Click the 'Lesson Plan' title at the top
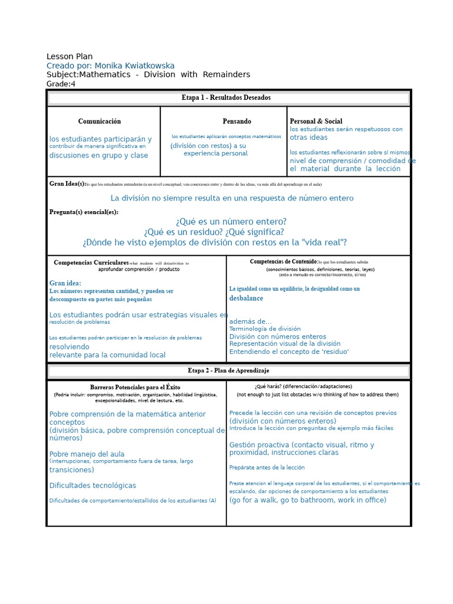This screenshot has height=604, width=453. (x=69, y=57)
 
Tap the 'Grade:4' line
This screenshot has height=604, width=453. (x=61, y=84)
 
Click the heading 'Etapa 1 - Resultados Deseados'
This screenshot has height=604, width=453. (x=226, y=97)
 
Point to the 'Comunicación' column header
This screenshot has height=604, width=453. (x=100, y=122)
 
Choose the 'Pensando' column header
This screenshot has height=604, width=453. (x=237, y=122)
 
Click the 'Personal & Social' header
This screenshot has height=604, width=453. (x=316, y=122)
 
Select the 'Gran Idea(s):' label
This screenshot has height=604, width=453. (x=67, y=184)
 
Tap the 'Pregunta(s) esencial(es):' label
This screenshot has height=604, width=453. (x=84, y=212)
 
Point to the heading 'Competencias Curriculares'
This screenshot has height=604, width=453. (x=91, y=262)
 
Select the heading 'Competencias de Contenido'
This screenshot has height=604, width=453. (x=283, y=261)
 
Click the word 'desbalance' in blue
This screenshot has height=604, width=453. (x=246, y=298)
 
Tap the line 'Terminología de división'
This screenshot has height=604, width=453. (x=265, y=329)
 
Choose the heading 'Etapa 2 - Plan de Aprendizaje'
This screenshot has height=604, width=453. (x=228, y=370)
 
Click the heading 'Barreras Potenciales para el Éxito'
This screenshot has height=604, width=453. (x=135, y=387)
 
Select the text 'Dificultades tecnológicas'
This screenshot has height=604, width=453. (x=93, y=485)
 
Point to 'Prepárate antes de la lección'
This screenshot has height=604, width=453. (x=267, y=467)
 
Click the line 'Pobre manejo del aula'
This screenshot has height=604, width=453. (x=87, y=454)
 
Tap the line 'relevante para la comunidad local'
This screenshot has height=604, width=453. (x=107, y=355)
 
